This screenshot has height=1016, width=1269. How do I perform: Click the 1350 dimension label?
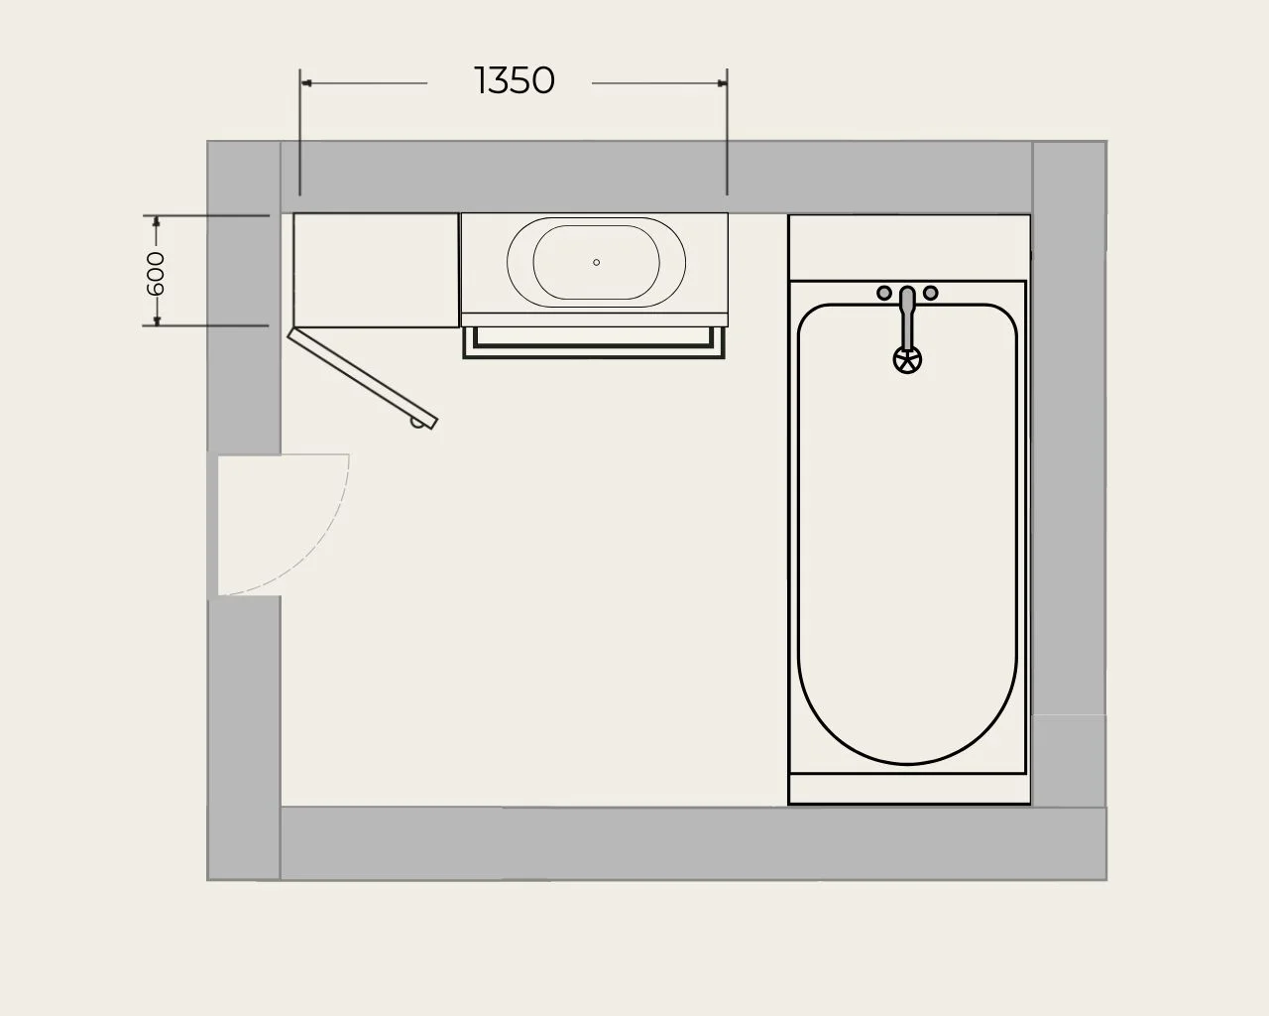[x=515, y=80]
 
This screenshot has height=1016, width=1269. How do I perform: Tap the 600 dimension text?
[x=156, y=273]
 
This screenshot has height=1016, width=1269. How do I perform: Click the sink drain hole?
[x=596, y=262]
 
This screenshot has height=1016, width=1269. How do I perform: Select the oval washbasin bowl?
[x=596, y=218]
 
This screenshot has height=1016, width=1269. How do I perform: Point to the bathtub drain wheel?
[x=907, y=360]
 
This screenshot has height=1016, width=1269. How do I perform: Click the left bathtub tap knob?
[x=884, y=293]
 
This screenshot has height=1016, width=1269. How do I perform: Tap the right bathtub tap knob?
[x=931, y=293]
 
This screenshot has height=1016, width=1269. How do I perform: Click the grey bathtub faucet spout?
[x=907, y=317]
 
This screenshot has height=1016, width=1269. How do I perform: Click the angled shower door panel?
[x=363, y=378]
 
